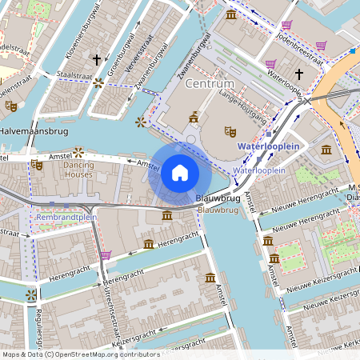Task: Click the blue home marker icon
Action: [x=180, y=173]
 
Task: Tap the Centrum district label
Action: [x=209, y=84]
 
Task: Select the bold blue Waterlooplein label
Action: [x=268, y=147]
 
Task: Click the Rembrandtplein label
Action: [x=66, y=217]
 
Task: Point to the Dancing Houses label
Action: [x=78, y=169]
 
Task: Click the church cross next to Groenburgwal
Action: [x=97, y=60]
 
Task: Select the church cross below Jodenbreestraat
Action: [x=299, y=74]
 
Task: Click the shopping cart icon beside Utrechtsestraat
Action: [x=106, y=255]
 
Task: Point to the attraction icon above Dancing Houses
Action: [x=78, y=150]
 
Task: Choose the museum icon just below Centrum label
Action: [x=193, y=118]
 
